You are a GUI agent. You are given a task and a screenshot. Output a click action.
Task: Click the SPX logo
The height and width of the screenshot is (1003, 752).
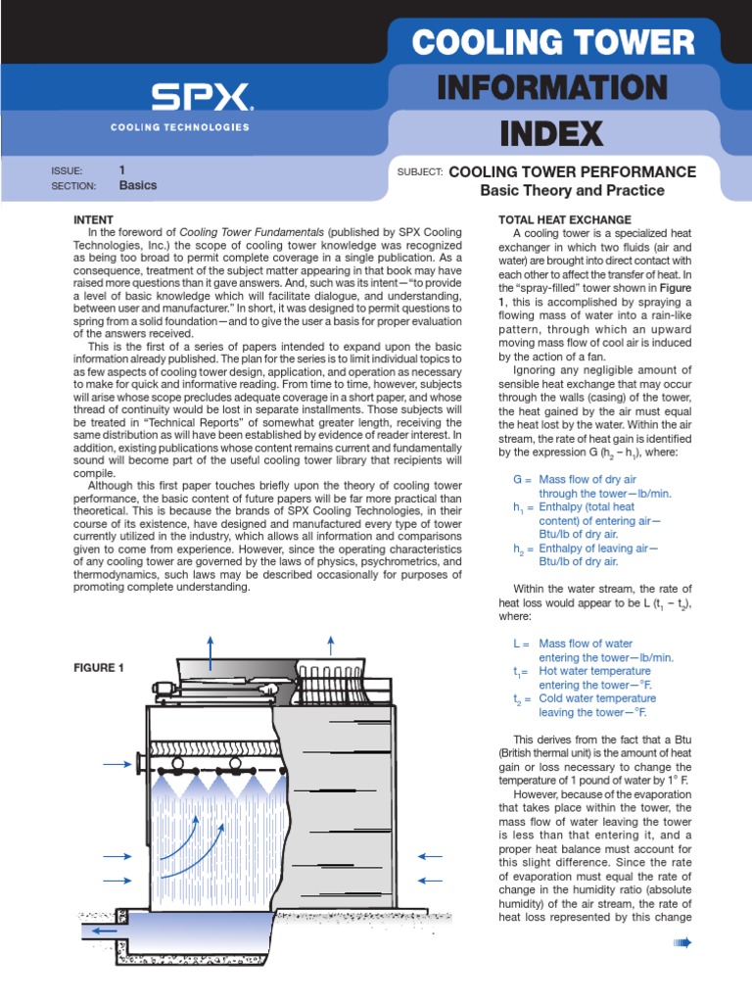pyautogui.click(x=201, y=98)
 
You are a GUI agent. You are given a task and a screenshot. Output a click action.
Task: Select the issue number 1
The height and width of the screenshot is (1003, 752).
pyautogui.click(x=122, y=169)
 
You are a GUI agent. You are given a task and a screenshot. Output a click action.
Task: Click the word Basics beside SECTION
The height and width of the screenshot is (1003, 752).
pyautogui.click(x=137, y=185)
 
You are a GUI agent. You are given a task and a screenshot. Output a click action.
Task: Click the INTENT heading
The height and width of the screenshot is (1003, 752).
pyautogui.click(x=95, y=219)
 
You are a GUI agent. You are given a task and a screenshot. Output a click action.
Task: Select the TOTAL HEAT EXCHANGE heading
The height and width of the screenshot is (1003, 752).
pyautogui.click(x=565, y=219)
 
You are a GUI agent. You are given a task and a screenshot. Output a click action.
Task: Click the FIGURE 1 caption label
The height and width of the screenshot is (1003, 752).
pyautogui.click(x=100, y=668)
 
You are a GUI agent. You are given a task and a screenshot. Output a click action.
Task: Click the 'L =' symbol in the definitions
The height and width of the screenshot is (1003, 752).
pyautogui.click(x=521, y=644)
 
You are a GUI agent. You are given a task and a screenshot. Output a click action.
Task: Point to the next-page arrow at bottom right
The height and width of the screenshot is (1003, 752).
pyautogui.click(x=682, y=942)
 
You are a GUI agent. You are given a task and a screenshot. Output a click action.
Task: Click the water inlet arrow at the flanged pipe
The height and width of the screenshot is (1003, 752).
pyautogui.click(x=118, y=764)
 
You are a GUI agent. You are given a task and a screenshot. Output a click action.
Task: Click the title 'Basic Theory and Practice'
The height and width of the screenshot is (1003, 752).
pyautogui.click(x=572, y=190)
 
